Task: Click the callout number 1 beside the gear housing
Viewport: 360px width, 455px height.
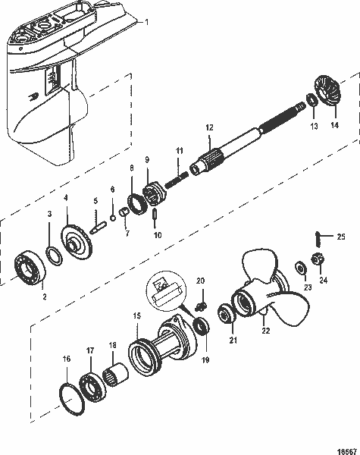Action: (x=146, y=22)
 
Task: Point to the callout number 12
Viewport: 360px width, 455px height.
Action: (x=209, y=127)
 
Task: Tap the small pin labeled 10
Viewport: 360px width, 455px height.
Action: (x=155, y=215)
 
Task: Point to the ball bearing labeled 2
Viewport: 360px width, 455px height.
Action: (x=30, y=268)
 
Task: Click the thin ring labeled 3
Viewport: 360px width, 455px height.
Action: (x=55, y=256)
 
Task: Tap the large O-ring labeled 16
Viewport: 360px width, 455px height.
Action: (x=72, y=400)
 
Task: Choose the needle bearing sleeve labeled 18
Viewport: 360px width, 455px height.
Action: (x=116, y=375)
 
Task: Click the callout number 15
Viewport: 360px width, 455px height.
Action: (x=137, y=315)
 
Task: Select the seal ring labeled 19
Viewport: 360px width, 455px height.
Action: (x=201, y=326)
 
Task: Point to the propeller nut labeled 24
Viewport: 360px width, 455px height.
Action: (x=318, y=259)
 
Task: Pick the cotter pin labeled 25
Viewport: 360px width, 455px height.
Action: (x=318, y=240)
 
